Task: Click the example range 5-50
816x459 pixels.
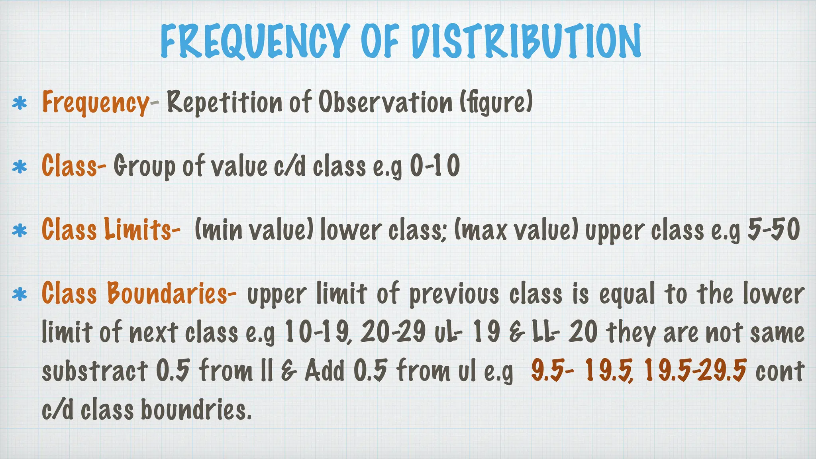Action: click(773, 230)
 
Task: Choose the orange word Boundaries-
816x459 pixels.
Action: click(172, 294)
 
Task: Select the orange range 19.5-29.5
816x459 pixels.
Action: click(695, 370)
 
